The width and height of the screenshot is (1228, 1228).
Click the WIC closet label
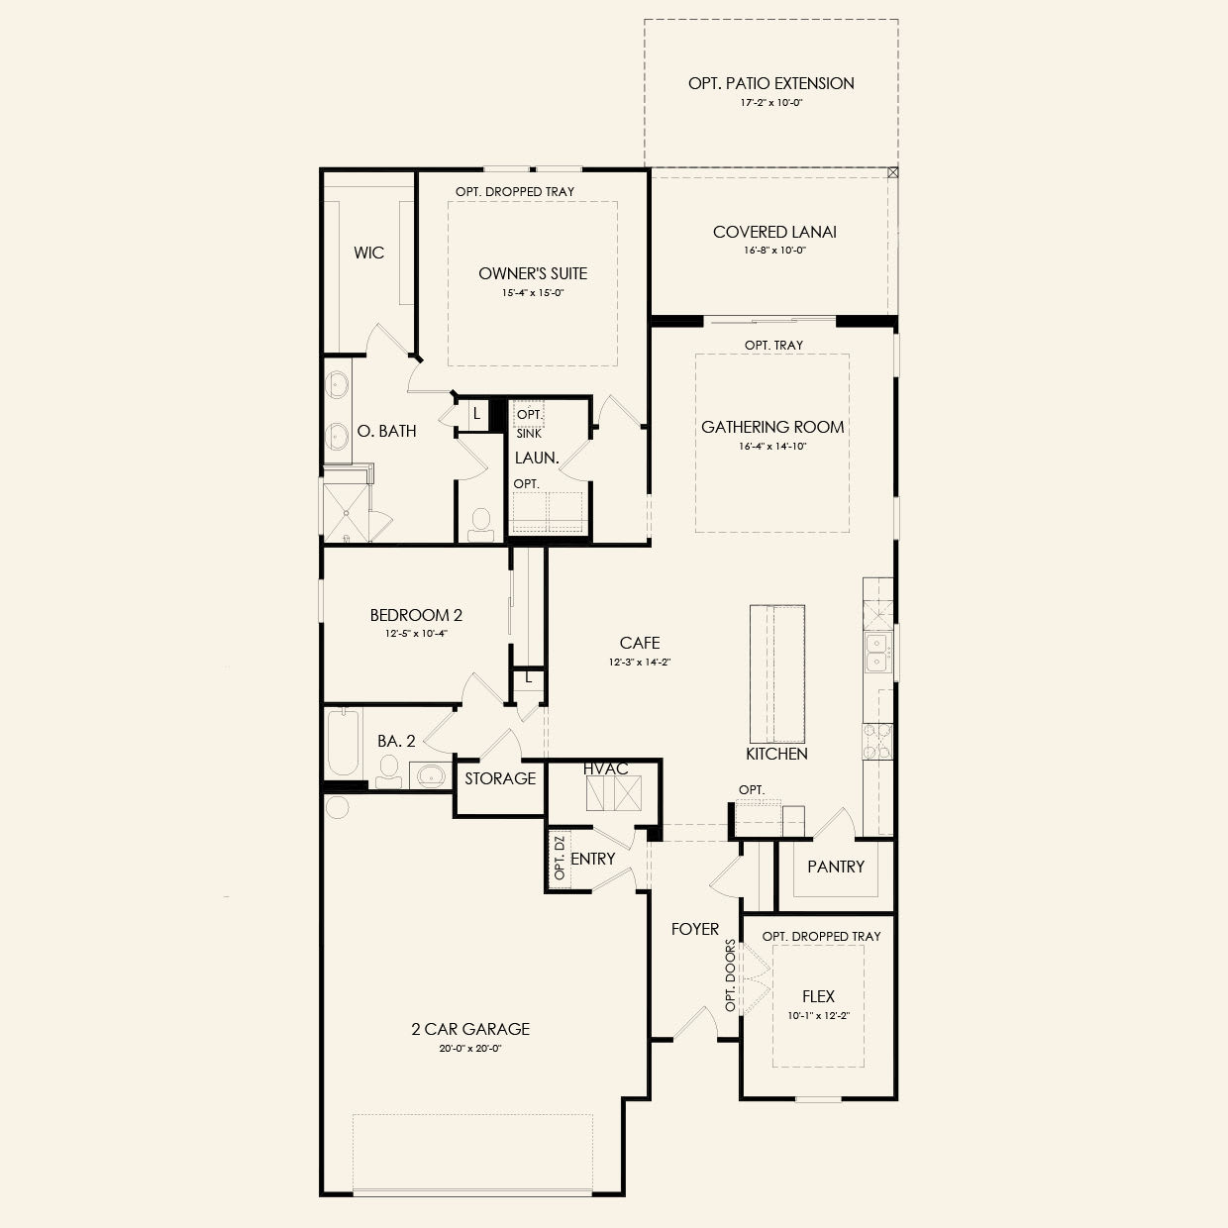pyautogui.click(x=369, y=253)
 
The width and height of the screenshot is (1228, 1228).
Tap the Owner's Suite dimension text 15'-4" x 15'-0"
pyautogui.click(x=533, y=293)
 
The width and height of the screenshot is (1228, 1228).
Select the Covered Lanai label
pyautogui.click(x=774, y=232)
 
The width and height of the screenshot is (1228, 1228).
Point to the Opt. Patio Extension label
pyautogui.click(x=771, y=83)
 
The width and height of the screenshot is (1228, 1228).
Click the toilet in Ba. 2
pyautogui.click(x=388, y=771)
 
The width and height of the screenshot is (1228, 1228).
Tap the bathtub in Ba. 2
pyautogui.click(x=344, y=742)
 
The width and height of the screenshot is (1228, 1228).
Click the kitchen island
pyautogui.click(x=776, y=673)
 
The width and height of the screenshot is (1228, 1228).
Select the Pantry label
pyautogui.click(x=836, y=867)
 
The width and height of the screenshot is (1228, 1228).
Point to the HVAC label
pyautogui.click(x=605, y=769)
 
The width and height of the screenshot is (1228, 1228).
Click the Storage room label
pyautogui.click(x=500, y=778)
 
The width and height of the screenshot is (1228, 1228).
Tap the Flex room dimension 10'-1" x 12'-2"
pyautogui.click(x=818, y=1016)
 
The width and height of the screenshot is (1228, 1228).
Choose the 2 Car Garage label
pyautogui.click(x=470, y=1029)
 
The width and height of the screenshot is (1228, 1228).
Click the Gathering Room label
pyautogui.click(x=772, y=427)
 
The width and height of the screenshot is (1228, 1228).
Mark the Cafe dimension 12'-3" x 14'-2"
pyautogui.click(x=640, y=663)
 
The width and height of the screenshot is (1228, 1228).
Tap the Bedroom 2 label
pyautogui.click(x=416, y=616)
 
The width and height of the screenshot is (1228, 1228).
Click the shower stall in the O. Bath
pyautogui.click(x=347, y=513)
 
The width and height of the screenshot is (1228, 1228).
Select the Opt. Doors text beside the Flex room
pyautogui.click(x=730, y=975)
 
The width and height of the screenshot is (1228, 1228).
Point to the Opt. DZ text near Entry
pyautogui.click(x=560, y=859)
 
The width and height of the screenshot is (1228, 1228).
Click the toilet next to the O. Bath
pyautogui.click(x=480, y=525)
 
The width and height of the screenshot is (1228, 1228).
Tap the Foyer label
pyautogui.click(x=694, y=929)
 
